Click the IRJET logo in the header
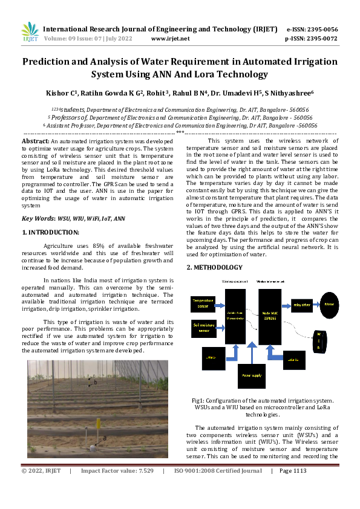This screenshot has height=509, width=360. [30, 31]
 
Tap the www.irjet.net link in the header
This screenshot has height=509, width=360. [170, 39]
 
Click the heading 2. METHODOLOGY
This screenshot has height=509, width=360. [214, 267]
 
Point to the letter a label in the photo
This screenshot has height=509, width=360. [105, 437]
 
